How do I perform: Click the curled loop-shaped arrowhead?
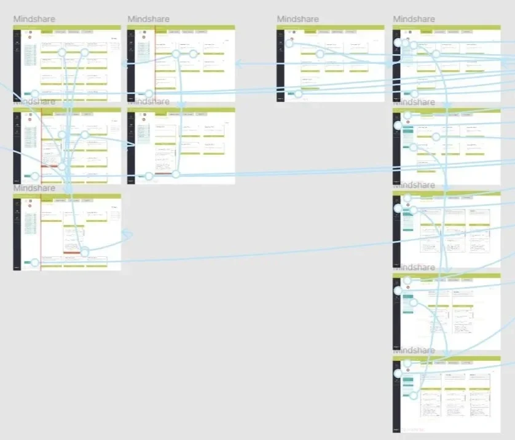[128, 235]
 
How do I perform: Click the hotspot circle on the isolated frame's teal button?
[299, 94]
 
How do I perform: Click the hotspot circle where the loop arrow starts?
[85, 252]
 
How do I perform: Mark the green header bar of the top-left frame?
[67, 27]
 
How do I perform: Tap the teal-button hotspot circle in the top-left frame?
[35, 94]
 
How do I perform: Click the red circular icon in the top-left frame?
[29, 37]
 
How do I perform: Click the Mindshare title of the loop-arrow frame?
[34, 188]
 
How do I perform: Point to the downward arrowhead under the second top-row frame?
[183, 106]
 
